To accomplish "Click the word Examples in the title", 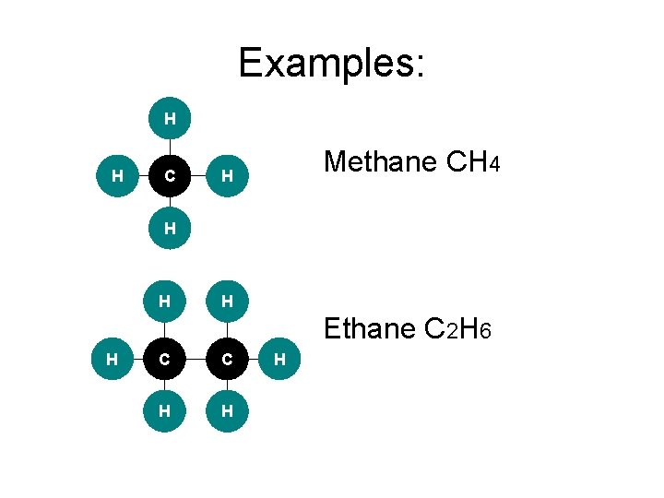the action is tap(331, 64).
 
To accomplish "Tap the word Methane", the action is tap(380, 163).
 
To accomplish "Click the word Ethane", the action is tap(371, 329).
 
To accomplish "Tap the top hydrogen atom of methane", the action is tap(170, 118).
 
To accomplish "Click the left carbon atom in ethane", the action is tap(164, 358).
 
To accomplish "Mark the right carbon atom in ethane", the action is tap(227, 358).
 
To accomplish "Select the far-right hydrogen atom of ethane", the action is tap(281, 358).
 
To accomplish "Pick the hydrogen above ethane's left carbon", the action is tap(164, 301).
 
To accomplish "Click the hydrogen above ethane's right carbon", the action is tap(227, 301).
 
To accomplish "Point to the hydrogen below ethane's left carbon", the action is tap(164, 411).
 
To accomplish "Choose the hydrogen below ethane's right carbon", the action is tap(227, 411).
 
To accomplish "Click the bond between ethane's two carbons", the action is tap(196, 358).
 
